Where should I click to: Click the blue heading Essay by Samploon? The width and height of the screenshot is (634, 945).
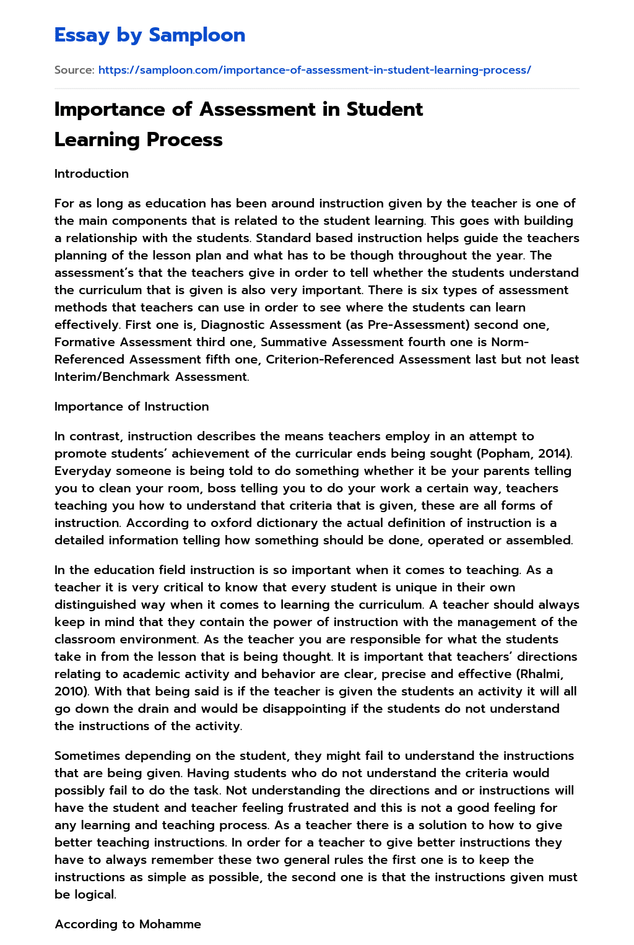(x=150, y=35)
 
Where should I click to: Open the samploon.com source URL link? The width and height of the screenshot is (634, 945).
(x=315, y=70)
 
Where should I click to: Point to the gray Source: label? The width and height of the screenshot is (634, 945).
(x=74, y=70)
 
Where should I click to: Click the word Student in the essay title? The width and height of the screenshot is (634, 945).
(x=384, y=109)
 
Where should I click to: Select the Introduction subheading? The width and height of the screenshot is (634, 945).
(x=92, y=174)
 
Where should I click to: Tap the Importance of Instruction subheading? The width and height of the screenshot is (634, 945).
(x=131, y=407)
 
